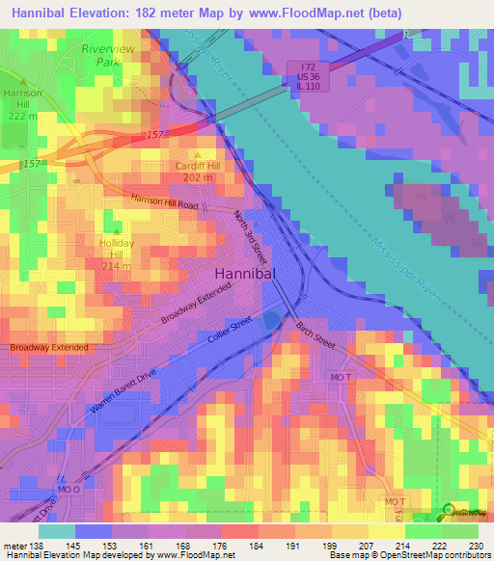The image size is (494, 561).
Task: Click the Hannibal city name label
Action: [x=245, y=273]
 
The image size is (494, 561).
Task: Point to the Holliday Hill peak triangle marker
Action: [x=117, y=232]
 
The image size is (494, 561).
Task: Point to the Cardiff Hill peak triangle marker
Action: [x=200, y=154]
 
